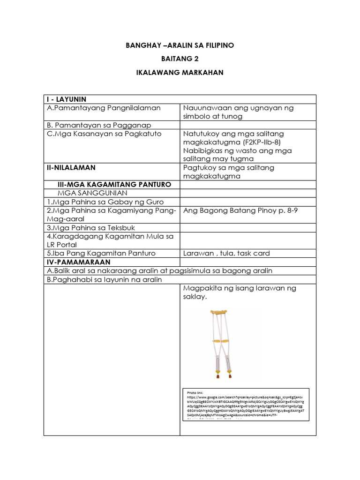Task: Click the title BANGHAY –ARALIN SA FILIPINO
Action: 180,45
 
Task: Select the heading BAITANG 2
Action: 180,59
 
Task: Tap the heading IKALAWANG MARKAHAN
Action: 180,73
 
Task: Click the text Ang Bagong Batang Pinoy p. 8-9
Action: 240,210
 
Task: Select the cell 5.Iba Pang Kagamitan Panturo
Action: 100,253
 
